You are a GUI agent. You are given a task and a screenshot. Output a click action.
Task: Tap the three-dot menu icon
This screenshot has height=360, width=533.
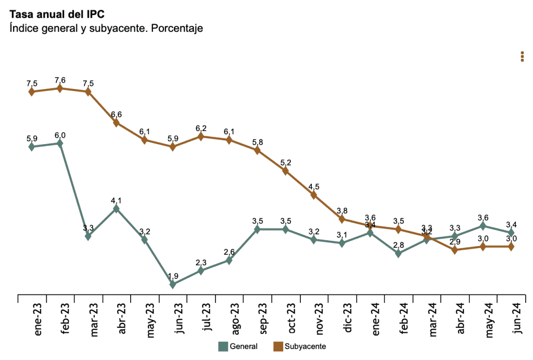(x=522, y=57)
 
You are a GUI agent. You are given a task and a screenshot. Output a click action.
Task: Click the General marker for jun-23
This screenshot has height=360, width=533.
(x=173, y=284)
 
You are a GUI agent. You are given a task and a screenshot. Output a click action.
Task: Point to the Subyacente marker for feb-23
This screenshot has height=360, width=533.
(x=60, y=88)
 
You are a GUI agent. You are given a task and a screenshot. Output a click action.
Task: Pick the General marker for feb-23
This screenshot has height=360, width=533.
(x=60, y=143)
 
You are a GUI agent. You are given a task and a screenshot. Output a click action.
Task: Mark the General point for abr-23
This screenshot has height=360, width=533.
(x=116, y=209)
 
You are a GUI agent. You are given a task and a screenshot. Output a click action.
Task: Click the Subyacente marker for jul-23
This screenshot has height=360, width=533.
(x=201, y=136)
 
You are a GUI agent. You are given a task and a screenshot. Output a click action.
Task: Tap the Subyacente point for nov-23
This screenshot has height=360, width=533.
(x=314, y=195)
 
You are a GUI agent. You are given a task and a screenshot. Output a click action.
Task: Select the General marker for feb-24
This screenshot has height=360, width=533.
(x=399, y=253)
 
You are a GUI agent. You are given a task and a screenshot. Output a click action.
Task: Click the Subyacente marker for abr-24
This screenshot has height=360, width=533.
(x=455, y=250)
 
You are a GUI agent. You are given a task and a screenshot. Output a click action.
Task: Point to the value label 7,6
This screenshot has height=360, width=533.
(x=60, y=80)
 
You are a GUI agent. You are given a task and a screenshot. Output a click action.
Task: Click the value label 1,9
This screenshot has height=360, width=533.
(x=173, y=276)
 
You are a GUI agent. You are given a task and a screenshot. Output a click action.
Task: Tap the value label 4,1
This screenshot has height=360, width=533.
(x=116, y=200)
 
